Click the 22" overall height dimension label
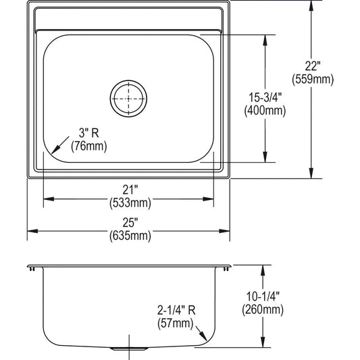313,66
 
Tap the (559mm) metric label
313,80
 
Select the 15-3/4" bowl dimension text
265,97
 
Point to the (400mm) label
265,111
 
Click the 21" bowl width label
130,190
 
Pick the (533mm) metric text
130,203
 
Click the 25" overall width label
130,222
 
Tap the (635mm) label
130,236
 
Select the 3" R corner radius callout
89,133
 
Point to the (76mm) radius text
89,146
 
